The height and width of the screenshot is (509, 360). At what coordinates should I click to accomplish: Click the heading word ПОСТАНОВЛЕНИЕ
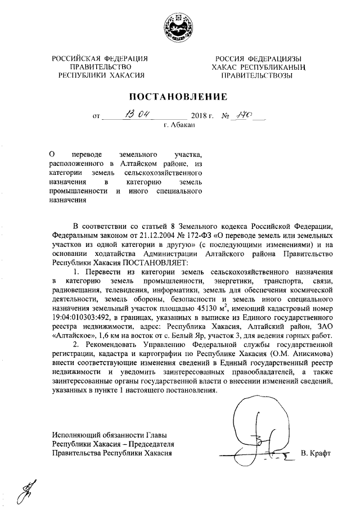[x=179, y=97]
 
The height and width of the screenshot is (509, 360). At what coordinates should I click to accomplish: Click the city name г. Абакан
[x=179, y=126]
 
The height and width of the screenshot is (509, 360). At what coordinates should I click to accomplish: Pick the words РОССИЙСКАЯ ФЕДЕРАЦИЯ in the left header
[x=100, y=58]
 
